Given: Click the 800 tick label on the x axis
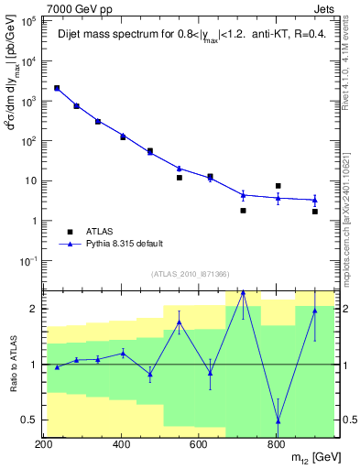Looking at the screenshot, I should [276, 444].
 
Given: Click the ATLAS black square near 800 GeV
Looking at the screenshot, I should [278, 186].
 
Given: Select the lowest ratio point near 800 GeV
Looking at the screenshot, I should [278, 420].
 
